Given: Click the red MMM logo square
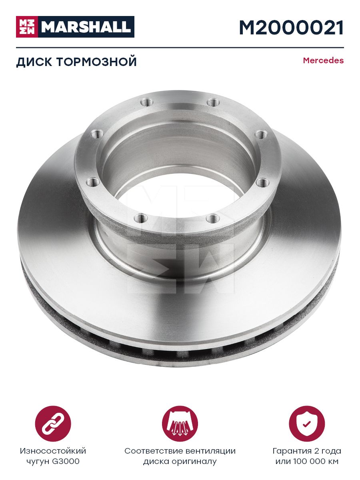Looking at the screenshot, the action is coord(27,27).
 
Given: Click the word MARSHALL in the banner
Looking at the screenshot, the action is coord(86,27).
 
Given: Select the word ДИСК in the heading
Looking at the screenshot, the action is coord(34,62).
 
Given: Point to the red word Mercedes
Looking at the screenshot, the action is coord(323,60).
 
